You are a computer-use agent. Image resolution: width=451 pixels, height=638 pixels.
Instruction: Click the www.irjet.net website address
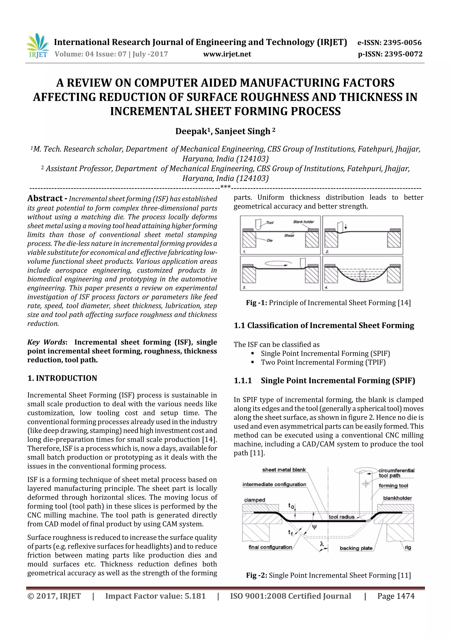[227, 54]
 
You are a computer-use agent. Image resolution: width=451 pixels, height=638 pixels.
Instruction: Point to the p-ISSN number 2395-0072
[403, 54]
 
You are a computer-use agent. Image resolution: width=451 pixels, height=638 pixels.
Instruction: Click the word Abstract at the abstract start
[45, 198]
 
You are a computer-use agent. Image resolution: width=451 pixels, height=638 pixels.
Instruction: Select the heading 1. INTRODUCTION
[62, 378]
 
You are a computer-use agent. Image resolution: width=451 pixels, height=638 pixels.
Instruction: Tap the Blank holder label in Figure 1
[303, 222]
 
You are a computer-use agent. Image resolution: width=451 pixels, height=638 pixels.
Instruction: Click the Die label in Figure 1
[270, 240]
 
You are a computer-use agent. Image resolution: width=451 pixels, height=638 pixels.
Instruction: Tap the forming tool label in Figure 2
[393, 486]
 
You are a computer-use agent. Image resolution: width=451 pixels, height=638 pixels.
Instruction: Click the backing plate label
[356, 548]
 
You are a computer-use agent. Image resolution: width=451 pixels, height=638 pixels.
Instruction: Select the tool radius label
[341, 517]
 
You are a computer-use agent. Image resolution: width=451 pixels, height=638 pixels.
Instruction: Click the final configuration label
[270, 547]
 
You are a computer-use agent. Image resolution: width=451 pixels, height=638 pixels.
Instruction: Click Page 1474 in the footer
[396, 596]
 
